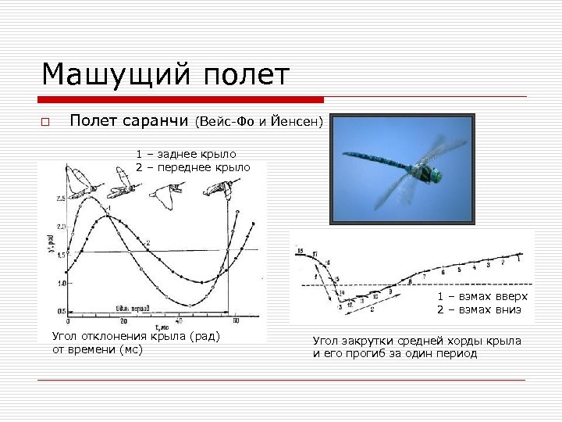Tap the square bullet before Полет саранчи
coord(45,122)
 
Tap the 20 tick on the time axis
coord(123,321)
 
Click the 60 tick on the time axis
coord(235,321)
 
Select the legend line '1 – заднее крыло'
coord(186,154)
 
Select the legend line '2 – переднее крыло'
coord(193,167)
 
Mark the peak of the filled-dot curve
coord(109,216)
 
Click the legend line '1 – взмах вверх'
coord(482,297)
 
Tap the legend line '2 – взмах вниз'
coord(478,309)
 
